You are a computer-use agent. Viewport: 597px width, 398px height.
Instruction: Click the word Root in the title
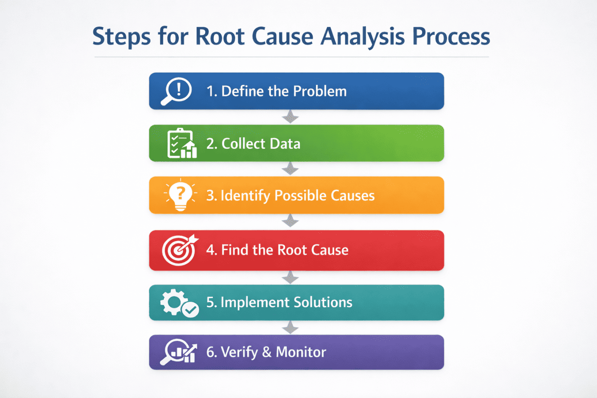[x=219, y=36]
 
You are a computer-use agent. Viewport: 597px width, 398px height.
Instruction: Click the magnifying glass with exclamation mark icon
[x=176, y=91]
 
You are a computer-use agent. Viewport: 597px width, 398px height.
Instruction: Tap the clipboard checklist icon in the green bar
[x=181, y=143]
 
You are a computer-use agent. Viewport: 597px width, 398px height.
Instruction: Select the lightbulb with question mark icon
[x=181, y=195]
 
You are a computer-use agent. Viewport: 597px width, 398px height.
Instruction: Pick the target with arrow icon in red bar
[x=180, y=250]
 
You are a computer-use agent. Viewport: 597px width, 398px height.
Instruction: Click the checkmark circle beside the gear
[x=190, y=310]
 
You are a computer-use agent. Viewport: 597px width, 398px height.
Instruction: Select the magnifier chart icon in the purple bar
[x=179, y=352]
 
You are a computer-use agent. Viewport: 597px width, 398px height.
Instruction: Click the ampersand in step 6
[x=267, y=352]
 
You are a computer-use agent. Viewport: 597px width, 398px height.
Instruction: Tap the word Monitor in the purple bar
[x=301, y=352]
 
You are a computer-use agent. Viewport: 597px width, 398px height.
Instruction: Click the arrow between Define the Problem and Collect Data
[x=290, y=117]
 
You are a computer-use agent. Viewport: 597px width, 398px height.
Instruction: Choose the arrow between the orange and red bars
[x=290, y=221]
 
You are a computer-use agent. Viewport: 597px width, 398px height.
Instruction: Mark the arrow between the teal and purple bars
[x=290, y=327]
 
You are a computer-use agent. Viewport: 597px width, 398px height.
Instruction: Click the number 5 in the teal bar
[x=210, y=302]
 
